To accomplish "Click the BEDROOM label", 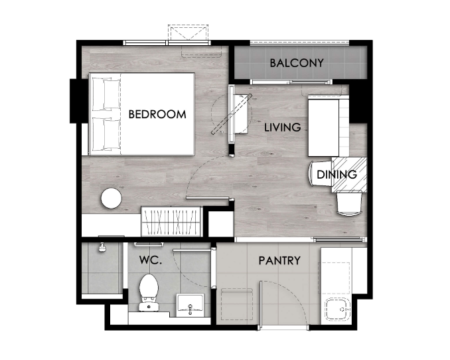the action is click(157, 114).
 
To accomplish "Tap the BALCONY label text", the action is click(297, 63).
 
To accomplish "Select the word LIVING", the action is click(282, 128).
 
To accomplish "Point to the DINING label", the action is click(337, 175).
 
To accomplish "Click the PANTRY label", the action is click(279, 260).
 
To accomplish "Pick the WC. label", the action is click(151, 260).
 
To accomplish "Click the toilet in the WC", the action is click(149, 292).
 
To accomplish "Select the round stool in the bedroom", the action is click(112, 198).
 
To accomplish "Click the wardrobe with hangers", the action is click(171, 222).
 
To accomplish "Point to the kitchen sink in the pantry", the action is click(338, 310).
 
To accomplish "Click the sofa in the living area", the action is click(329, 126).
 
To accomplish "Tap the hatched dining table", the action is click(349, 175).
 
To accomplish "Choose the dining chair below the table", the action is click(349, 203).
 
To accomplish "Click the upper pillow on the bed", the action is click(106, 94).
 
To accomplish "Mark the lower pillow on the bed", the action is click(106, 134).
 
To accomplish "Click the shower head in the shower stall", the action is click(102, 247).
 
